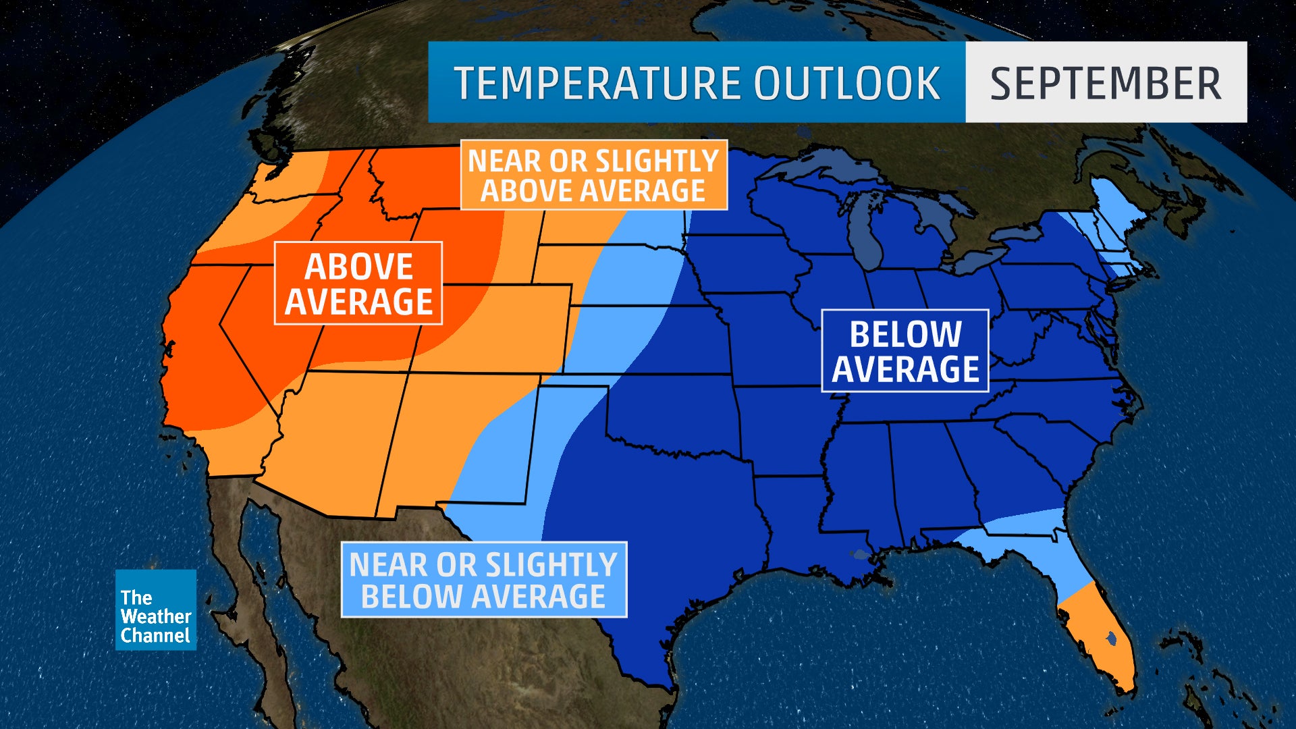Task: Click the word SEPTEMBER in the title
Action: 1106,83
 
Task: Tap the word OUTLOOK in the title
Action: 847,83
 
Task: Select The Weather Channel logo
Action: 155,610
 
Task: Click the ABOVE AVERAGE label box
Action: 358,283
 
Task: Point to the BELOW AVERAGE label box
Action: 905,351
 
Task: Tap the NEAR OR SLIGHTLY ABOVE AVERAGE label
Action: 593,175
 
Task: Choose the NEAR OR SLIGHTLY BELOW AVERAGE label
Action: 483,580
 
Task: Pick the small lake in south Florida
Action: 1110,636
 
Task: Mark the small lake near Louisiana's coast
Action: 859,555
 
